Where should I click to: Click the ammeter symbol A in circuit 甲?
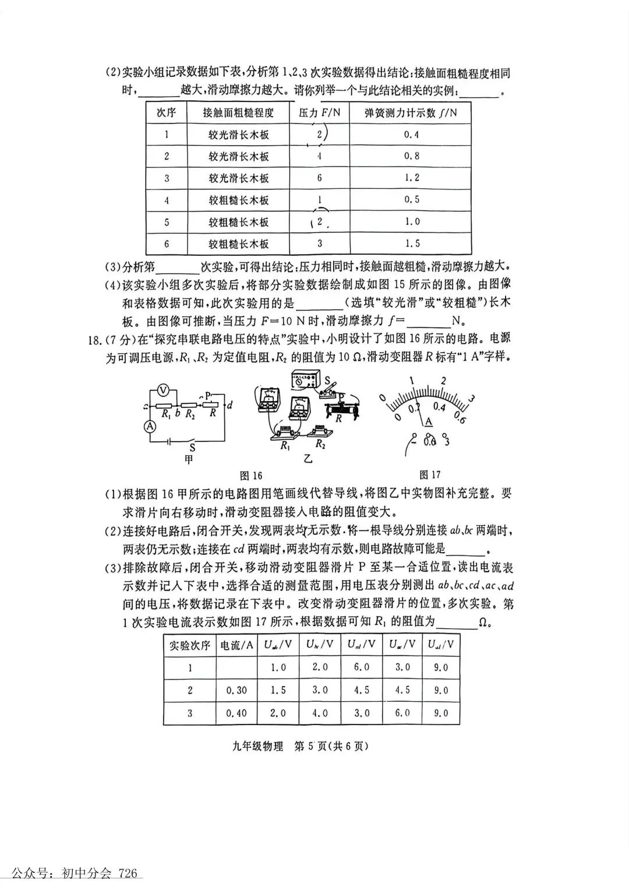150,427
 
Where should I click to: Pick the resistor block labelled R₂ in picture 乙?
320,432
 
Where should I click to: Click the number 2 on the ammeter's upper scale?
443,381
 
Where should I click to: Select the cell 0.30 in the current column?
236,690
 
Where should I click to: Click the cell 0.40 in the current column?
236,713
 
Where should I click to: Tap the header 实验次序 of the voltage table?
189,645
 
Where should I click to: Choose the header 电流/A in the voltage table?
236,645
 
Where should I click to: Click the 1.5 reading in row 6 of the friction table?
411,243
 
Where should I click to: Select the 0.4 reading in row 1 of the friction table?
411,135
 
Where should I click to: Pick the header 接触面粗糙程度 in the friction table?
238,112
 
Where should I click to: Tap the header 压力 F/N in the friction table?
319,112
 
